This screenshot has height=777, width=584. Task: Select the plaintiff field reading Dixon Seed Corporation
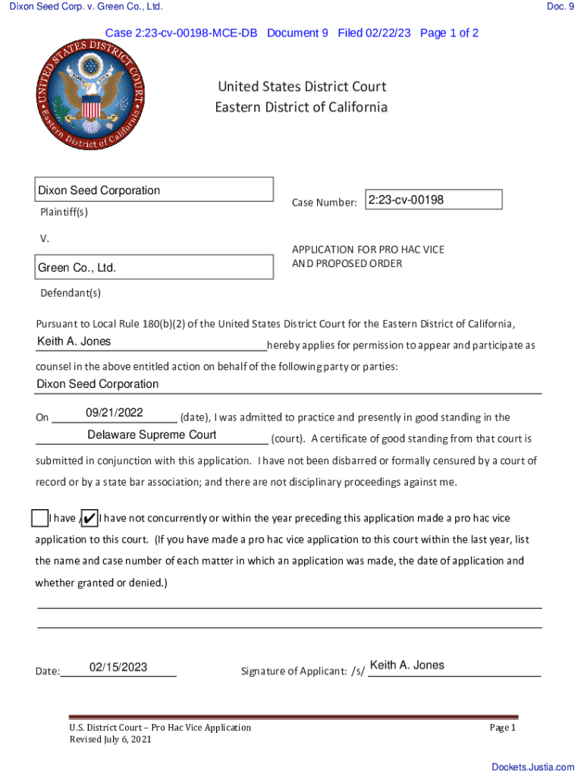point(155,190)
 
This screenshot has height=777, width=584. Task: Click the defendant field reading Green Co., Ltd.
point(155,268)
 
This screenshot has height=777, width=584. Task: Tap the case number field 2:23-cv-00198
point(433,200)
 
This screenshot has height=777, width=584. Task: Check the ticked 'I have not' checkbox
point(88,518)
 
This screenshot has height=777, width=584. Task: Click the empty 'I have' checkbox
point(40,518)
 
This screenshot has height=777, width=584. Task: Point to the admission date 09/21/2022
point(115,413)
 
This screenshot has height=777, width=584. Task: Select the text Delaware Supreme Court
point(152,435)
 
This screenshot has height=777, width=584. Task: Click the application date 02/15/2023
point(118,667)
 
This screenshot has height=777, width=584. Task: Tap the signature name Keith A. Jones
point(407,665)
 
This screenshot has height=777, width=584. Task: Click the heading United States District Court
point(302,87)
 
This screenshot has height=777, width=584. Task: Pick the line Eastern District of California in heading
point(301,107)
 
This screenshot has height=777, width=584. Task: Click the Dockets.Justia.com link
point(532,767)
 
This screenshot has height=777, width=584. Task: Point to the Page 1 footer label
point(502,728)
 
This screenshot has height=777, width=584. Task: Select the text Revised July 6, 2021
point(110,740)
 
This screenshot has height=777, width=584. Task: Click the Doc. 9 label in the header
point(560,7)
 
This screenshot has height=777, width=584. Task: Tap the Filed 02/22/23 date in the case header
point(375,33)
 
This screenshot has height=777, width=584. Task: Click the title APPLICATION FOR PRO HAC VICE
point(368,250)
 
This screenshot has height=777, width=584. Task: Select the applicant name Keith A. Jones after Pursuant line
point(74,341)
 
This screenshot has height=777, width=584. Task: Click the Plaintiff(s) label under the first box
point(64,212)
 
